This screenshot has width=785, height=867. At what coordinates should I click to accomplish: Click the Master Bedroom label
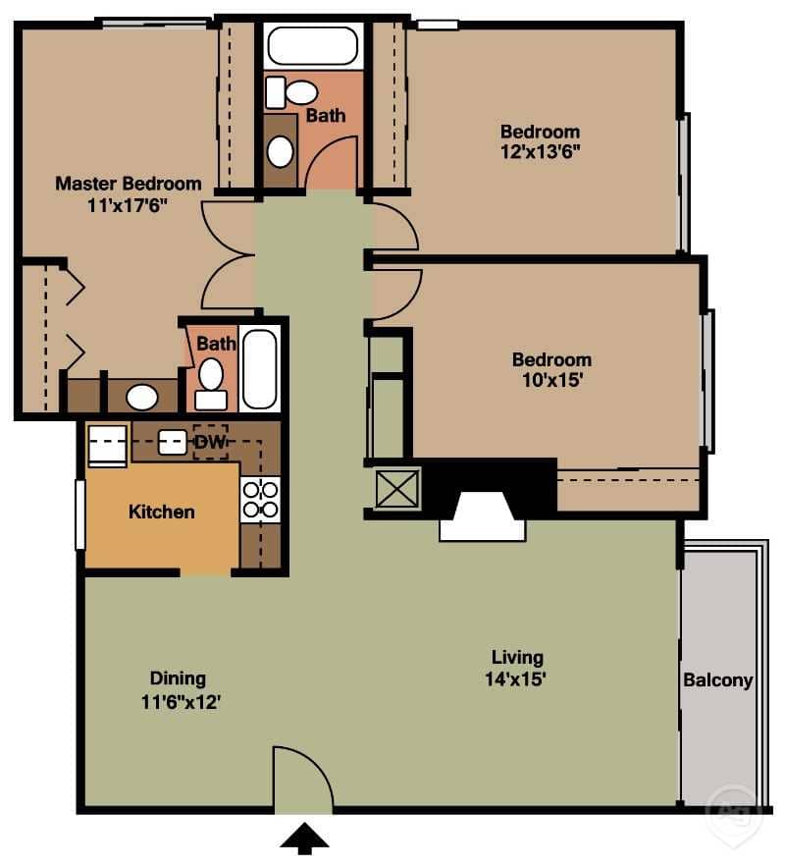pyautogui.click(x=128, y=184)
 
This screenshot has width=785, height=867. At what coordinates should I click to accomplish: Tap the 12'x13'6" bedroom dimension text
pyautogui.click(x=540, y=153)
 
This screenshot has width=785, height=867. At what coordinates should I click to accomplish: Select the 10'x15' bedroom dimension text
pyautogui.click(x=551, y=381)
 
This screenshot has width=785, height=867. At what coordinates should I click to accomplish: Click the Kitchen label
pyautogui.click(x=162, y=512)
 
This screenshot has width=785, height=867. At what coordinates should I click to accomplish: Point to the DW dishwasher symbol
pyautogui.click(x=209, y=443)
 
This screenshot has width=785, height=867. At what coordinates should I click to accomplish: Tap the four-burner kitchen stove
pyautogui.click(x=260, y=500)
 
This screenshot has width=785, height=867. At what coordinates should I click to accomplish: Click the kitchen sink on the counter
pyautogui.click(x=173, y=442)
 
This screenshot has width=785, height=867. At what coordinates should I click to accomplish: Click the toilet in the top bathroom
pyautogui.click(x=291, y=92)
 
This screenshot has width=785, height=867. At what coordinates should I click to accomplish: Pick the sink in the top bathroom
pyautogui.click(x=281, y=151)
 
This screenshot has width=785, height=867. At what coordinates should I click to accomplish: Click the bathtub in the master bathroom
pyautogui.click(x=260, y=369)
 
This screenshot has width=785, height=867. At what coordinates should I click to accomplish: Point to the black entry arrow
pyautogui.click(x=305, y=838)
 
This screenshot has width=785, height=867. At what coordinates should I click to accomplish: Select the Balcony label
pyautogui.click(x=717, y=679)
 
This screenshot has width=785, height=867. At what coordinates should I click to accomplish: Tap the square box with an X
pyautogui.click(x=397, y=488)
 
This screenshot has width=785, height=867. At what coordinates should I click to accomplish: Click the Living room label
pyautogui.click(x=517, y=657)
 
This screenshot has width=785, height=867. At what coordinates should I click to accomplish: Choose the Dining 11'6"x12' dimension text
pyautogui.click(x=178, y=701)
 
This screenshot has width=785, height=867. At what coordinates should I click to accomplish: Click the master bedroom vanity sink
pyautogui.click(x=143, y=397)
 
